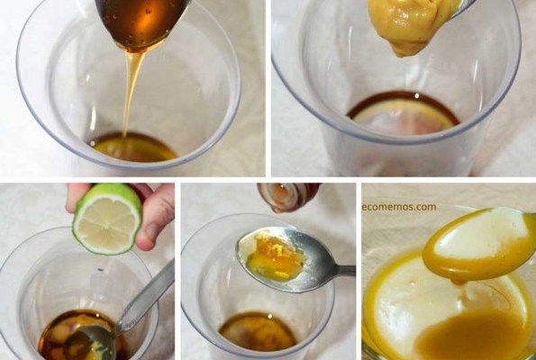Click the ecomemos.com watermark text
pos(399,207)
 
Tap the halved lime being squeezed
pos(107,220)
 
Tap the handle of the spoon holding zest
pos(341,271)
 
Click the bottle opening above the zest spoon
pos(287,197)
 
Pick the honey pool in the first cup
pos(133,148)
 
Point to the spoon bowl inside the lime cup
pos(89,342)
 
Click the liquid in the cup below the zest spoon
pos(258,331)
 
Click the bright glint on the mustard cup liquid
pos(416,95)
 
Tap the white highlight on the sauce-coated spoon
pos(478,236)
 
